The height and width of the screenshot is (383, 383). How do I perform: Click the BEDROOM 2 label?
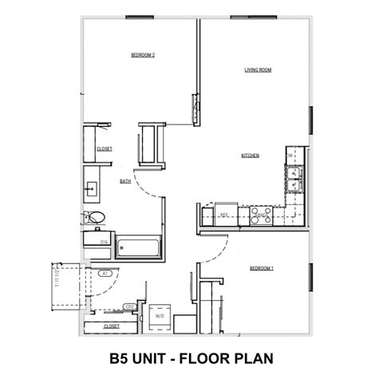click(x=142, y=55)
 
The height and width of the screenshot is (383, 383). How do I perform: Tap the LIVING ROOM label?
click(x=259, y=70)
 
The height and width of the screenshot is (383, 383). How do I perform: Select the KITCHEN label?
click(x=251, y=156)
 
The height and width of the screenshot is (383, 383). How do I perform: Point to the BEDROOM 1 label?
click(x=261, y=268)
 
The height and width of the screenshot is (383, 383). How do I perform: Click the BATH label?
click(x=125, y=182)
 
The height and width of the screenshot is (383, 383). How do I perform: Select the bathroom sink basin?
click(x=90, y=189)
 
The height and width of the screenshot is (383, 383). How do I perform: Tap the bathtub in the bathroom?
click(x=139, y=247)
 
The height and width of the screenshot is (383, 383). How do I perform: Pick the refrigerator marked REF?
click(x=225, y=215)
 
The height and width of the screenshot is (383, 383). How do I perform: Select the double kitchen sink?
click(x=294, y=179)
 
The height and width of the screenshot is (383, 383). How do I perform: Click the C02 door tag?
click(x=128, y=306)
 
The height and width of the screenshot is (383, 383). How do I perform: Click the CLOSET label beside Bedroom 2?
click(x=104, y=149)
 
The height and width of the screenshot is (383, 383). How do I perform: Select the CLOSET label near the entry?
click(x=112, y=326)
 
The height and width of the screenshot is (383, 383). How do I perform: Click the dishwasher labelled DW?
click(x=290, y=156)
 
